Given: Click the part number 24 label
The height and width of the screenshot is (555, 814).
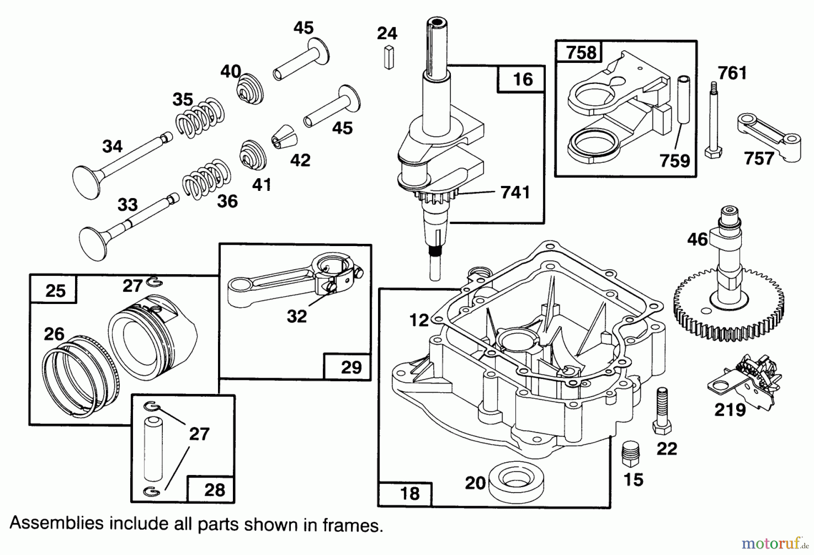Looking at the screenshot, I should point(387,33).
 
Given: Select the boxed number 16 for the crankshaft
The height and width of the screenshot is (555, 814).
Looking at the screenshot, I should point(522,80).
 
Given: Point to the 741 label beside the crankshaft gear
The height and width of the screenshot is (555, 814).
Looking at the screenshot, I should point(515,192).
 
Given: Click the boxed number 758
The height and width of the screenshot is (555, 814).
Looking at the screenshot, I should point(581,52).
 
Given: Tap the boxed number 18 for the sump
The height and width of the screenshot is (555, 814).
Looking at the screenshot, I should point(409,493).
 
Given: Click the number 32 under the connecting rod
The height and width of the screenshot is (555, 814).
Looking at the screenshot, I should point(297,316).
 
